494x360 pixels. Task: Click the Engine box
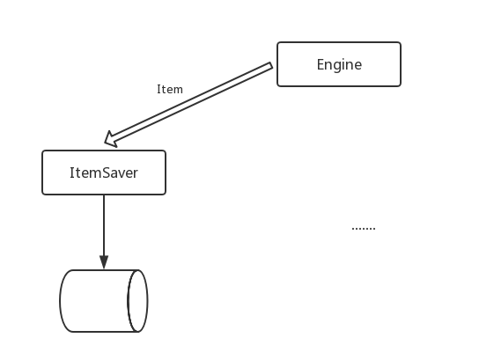click(x=339, y=64)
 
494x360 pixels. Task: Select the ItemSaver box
click(x=104, y=173)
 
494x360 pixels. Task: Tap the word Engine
click(x=339, y=65)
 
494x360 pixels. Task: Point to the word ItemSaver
click(x=104, y=173)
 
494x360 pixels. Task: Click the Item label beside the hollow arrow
click(x=170, y=90)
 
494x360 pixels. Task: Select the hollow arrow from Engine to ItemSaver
click(x=188, y=105)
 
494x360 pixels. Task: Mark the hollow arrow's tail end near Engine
click(x=270, y=65)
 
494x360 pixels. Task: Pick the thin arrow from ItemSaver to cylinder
click(x=104, y=232)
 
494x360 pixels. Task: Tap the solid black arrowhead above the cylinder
click(x=104, y=262)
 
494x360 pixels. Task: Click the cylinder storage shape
click(x=104, y=301)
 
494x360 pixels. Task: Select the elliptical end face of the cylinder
click(x=137, y=301)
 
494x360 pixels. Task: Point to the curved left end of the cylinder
click(x=61, y=301)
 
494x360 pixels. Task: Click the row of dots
click(x=364, y=228)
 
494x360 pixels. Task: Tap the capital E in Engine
click(x=321, y=64)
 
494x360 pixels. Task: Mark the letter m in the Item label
click(x=178, y=91)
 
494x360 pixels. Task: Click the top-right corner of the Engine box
click(x=401, y=42)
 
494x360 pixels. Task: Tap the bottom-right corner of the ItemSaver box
click(x=166, y=195)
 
